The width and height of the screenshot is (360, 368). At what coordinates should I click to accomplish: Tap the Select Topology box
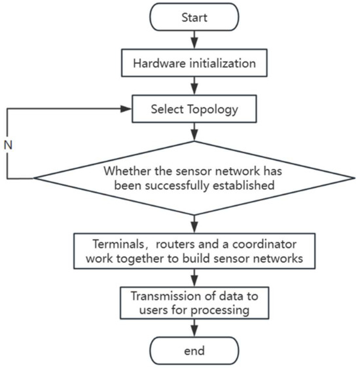pos(193,109)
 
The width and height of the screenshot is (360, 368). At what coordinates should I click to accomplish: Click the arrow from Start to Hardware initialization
pos(193,41)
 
